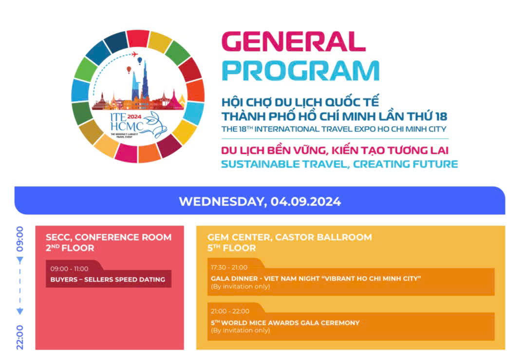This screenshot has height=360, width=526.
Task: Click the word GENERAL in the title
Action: (293, 41)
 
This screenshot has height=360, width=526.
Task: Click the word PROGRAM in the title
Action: (301, 71)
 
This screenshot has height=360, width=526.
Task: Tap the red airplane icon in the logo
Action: (134, 54)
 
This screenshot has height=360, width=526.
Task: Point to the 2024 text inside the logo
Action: (134, 116)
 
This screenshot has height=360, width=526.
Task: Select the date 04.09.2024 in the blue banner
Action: (305, 202)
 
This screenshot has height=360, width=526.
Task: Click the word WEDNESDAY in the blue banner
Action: (223, 202)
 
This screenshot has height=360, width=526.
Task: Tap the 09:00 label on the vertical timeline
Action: (20, 239)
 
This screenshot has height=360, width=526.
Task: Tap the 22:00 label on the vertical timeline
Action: (20, 337)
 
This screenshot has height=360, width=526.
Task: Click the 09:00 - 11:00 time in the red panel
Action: (70, 269)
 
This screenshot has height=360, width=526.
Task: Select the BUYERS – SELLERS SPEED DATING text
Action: (108, 280)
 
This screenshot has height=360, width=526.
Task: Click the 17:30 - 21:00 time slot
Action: (229, 267)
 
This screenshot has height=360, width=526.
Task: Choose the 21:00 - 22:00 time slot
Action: (230, 311)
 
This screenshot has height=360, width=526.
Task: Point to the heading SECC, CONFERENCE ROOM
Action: (109, 238)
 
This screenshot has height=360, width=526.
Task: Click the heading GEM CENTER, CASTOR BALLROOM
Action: (289, 238)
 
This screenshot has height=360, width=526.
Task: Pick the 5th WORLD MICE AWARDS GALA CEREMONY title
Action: (285, 322)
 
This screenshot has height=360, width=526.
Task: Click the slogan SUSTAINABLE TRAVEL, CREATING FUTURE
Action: (339, 164)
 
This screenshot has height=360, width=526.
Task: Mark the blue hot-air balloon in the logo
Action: (140, 60)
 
